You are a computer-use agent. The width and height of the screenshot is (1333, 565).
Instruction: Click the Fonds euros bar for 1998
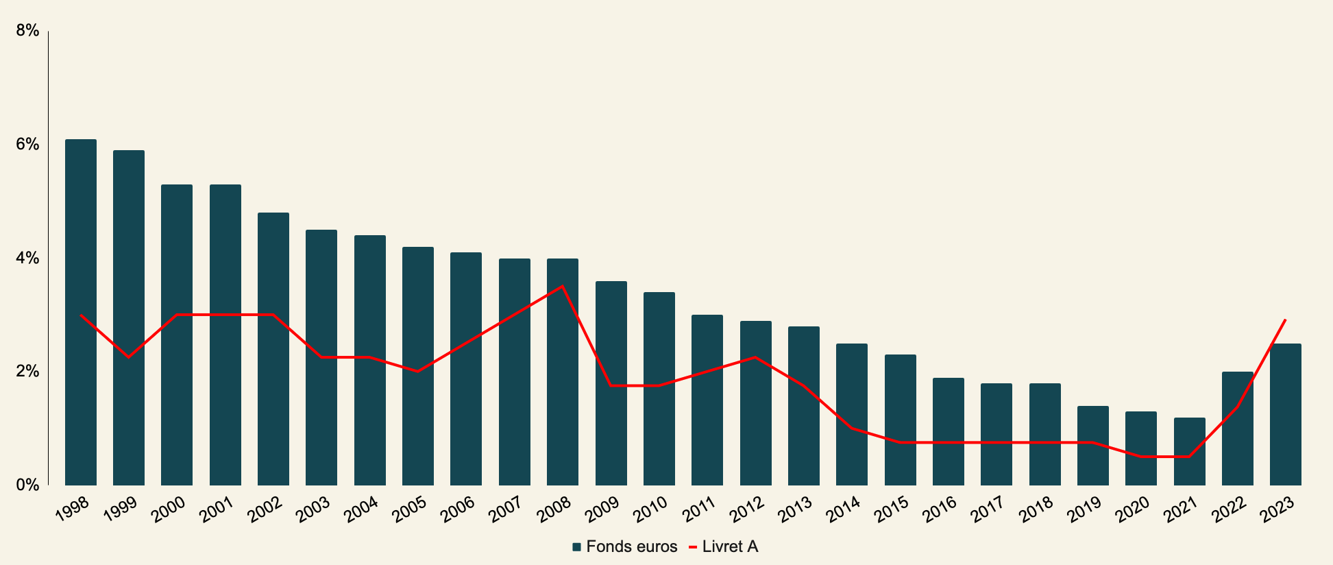click(x=81, y=313)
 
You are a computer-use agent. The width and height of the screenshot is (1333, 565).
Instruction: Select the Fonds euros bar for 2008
click(x=563, y=372)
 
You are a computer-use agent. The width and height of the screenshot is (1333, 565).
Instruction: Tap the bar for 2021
click(x=1190, y=452)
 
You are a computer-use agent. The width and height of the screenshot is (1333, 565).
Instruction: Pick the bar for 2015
click(x=901, y=420)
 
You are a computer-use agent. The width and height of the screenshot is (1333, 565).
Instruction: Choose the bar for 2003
click(x=321, y=358)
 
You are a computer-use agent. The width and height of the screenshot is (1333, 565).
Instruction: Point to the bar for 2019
click(x=1093, y=446)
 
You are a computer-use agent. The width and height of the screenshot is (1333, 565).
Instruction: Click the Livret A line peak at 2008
click(x=563, y=286)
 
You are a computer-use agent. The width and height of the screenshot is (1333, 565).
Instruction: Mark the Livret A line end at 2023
click(x=1285, y=320)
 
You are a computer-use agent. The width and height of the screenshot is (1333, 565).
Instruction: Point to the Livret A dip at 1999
click(x=128, y=357)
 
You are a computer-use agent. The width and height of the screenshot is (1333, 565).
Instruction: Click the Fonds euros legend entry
click(x=624, y=547)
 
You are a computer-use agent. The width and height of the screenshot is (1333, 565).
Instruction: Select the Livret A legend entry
click(x=723, y=547)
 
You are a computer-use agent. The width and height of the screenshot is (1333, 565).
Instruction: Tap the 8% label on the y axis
click(x=27, y=31)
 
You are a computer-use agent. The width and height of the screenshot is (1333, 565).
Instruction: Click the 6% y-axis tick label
click(x=27, y=145)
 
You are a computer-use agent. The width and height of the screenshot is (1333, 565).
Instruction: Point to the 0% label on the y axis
click(x=27, y=485)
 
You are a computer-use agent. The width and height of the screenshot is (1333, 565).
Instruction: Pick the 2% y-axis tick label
click(x=27, y=372)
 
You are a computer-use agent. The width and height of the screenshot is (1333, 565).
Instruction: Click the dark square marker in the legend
click(x=576, y=547)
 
